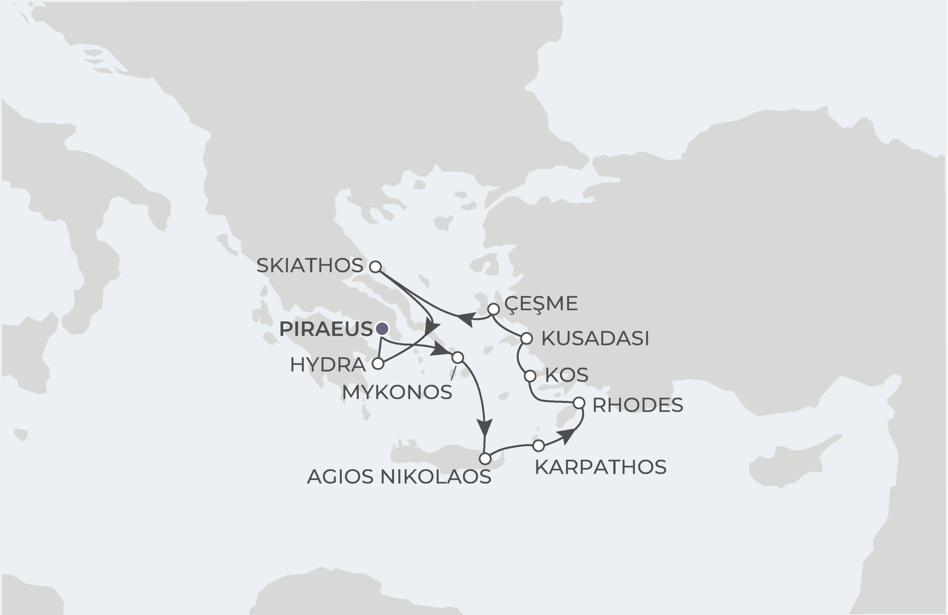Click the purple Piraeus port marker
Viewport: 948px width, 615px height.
tap(382, 329)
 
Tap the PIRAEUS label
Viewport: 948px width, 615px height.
tap(326, 329)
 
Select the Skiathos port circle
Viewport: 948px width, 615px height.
tap(375, 267)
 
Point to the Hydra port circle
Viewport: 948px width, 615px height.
tap(378, 364)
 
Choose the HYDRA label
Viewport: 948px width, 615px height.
tap(327, 365)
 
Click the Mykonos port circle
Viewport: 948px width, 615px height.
tap(458, 357)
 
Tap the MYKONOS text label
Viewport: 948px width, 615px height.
tap(397, 392)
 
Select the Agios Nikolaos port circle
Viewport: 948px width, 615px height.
tap(485, 459)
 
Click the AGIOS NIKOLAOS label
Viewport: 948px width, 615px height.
tap(399, 477)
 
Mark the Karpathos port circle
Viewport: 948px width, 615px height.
tap(538, 446)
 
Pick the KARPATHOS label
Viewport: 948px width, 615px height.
tap(600, 467)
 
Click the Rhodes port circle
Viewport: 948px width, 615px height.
tap(579, 403)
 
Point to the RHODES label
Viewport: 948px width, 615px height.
tap(637, 405)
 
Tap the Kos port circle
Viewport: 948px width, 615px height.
tap(530, 375)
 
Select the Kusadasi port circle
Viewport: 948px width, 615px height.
tap(527, 338)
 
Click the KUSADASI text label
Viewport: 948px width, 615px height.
tap(595, 338)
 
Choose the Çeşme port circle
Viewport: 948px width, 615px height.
tap(494, 309)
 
